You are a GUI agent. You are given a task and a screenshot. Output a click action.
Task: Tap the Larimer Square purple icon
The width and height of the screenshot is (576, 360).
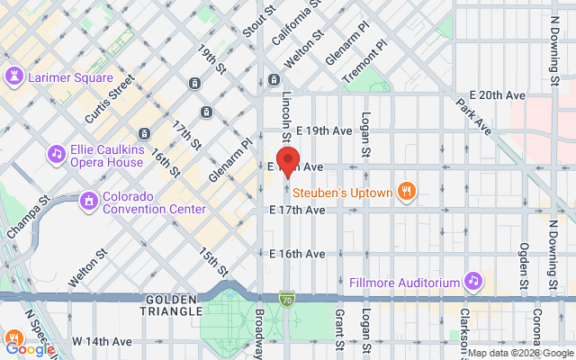[x=15, y=76]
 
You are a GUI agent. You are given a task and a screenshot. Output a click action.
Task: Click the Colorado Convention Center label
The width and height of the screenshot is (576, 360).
[x=153, y=202]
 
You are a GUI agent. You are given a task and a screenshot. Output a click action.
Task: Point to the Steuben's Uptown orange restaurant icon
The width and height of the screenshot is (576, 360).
[x=408, y=191]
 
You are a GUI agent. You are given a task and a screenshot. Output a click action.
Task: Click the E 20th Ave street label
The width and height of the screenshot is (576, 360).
[x=497, y=95]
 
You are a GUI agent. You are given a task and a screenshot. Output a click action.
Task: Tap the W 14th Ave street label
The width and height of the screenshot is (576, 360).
[x=102, y=342]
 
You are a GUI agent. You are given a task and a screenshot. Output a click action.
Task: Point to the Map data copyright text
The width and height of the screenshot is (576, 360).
[x=519, y=353]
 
